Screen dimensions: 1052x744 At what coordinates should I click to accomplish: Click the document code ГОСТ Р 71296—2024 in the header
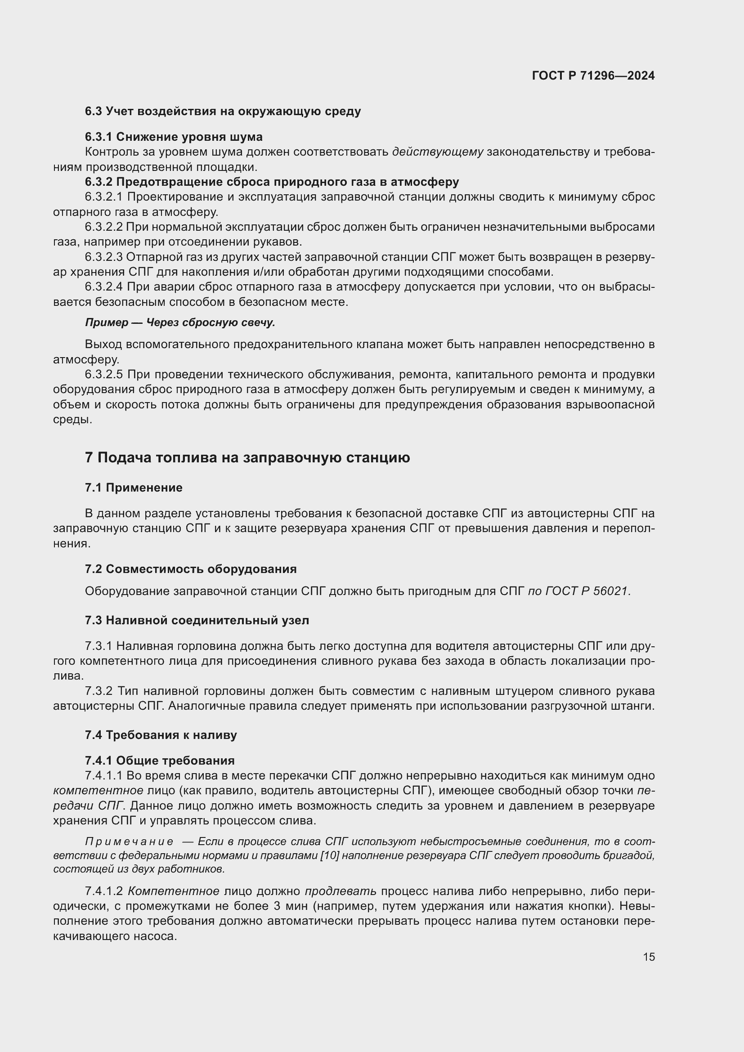(593, 76)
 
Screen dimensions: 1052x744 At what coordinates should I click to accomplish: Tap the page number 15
(649, 957)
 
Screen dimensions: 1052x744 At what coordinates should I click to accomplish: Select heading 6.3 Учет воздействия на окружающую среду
(223, 112)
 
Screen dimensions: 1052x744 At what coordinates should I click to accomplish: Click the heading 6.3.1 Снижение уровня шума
(174, 137)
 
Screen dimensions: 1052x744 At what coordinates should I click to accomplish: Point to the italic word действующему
(438, 152)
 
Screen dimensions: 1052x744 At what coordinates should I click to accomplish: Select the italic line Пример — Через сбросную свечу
(180, 322)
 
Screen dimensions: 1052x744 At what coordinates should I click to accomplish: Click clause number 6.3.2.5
(103, 375)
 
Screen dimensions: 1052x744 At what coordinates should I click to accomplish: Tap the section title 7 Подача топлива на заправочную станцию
(247, 458)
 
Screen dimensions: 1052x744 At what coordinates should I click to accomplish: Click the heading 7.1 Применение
(133, 488)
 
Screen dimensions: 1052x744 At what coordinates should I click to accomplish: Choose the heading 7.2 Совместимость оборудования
(191, 569)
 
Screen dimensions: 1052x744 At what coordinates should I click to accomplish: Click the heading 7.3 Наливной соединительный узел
(197, 620)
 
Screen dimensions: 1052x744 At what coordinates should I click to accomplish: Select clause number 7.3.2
(99, 691)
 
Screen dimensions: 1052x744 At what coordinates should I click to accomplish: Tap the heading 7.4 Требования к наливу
(161, 735)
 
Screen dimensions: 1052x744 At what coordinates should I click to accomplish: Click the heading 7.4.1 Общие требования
(159, 761)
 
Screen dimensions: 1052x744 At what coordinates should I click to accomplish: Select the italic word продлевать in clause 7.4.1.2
(341, 891)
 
